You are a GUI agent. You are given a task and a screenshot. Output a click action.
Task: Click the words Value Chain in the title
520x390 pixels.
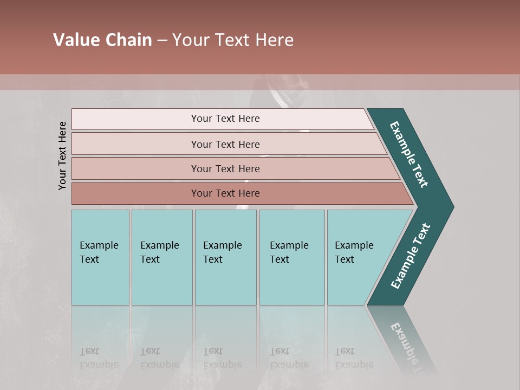pos(102,40)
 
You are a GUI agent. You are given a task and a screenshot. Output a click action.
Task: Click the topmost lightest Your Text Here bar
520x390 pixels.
pos(225,119)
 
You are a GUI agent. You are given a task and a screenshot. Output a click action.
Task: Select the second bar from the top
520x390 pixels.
pos(225,144)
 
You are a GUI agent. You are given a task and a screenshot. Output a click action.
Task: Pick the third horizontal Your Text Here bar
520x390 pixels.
pos(225,168)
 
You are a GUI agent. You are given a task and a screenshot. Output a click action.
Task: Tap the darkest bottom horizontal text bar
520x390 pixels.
pos(225,193)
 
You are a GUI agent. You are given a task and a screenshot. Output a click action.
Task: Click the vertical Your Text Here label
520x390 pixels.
pos(63,155)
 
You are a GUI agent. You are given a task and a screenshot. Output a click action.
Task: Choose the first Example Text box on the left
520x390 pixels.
pos(100,257)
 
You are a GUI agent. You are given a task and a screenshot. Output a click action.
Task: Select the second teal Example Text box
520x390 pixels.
pos(161,257)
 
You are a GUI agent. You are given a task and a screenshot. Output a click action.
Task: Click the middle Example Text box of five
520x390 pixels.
pos(225,257)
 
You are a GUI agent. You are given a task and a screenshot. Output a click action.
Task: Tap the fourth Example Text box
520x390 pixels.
pos(291,257)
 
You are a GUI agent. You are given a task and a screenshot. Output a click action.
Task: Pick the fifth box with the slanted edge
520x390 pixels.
pos(357,257)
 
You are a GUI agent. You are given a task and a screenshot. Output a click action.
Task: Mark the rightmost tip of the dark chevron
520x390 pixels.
pos(453,206)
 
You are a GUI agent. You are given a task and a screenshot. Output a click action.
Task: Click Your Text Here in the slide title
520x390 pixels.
pos(233,40)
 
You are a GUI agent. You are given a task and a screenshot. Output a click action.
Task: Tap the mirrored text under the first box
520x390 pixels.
pos(99,358)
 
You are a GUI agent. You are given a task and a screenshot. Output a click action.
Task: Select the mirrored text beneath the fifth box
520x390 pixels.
pos(354,358)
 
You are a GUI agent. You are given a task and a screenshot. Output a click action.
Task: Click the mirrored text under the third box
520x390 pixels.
pos(222,358)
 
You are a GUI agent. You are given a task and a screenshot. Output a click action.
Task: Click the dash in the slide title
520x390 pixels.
pos(162,40)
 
